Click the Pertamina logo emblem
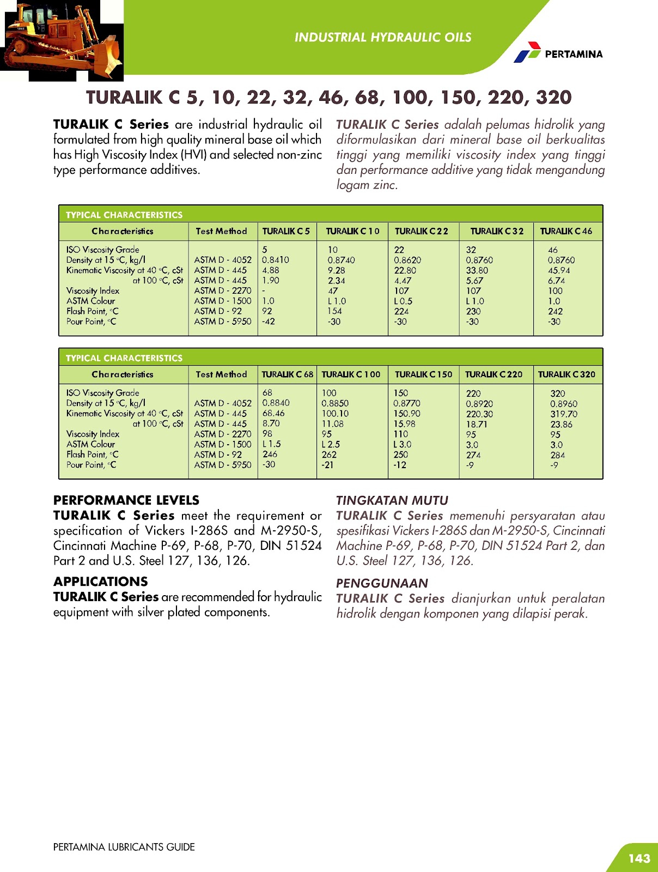tap(527, 52)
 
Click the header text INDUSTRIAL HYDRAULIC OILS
tap(383, 38)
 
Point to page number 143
tap(639, 858)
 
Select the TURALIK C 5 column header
tap(286, 231)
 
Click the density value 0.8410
tap(276, 260)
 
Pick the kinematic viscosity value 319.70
tap(564, 414)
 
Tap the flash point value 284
tap(557, 455)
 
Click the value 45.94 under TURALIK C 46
tap(559, 270)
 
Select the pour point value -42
tap(269, 322)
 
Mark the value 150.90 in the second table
tap(407, 414)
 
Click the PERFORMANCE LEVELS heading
tap(126, 500)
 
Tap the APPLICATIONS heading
tap(101, 582)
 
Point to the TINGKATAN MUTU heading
tap(392, 500)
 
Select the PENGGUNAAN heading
tap(382, 583)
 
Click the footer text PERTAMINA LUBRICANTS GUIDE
tap(124, 847)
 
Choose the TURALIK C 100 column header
tap(351, 374)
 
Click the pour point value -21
tap(327, 465)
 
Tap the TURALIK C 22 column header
tap(422, 231)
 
